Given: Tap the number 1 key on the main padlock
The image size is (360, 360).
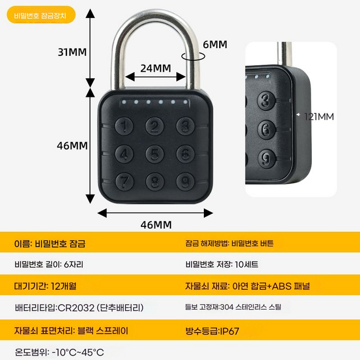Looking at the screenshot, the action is [124, 126].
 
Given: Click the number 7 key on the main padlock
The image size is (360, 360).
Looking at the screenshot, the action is [124, 181].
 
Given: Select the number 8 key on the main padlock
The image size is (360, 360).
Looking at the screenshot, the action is [155, 181].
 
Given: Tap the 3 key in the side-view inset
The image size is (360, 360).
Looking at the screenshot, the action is [266, 100].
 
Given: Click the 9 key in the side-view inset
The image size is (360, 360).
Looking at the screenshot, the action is [266, 159].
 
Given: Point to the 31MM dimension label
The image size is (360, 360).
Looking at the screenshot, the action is [72, 52].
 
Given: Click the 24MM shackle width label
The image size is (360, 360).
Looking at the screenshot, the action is [156, 68].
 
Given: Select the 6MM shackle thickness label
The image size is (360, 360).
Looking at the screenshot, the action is [215, 44].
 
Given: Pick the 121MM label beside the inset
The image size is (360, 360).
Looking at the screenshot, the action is [319, 117].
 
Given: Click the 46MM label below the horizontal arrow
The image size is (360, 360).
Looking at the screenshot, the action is [156, 225].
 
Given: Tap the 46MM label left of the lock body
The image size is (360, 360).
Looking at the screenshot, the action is [72, 146].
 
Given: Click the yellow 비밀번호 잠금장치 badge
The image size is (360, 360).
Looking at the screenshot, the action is [41, 15].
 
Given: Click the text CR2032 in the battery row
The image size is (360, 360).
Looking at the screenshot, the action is [76, 307].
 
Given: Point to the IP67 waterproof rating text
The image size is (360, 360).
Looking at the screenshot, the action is [230, 331].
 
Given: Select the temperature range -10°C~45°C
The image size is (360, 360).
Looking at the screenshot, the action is [78, 352].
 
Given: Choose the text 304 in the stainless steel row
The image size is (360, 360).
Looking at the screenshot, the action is [227, 307].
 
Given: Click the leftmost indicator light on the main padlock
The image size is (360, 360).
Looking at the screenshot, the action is [124, 101].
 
